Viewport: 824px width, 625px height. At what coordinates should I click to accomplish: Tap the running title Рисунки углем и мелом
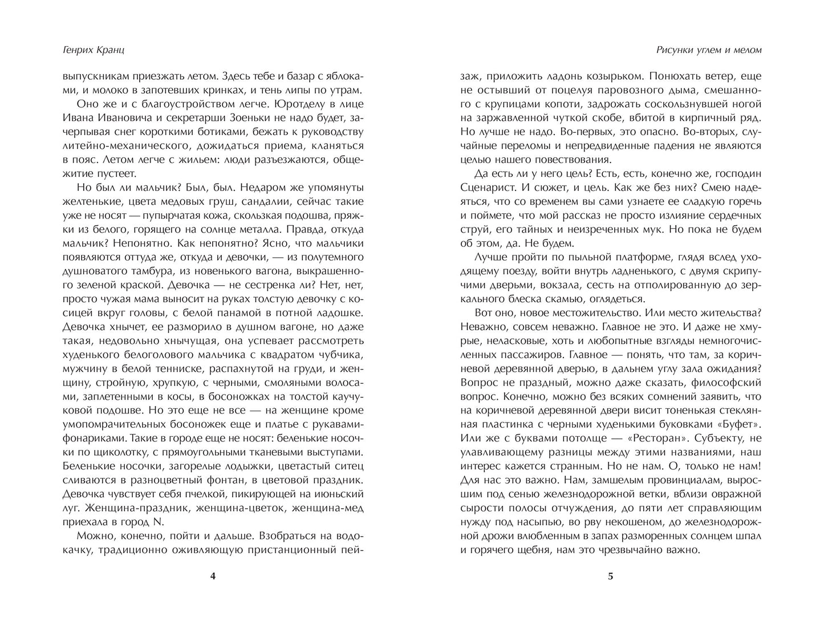click(709, 50)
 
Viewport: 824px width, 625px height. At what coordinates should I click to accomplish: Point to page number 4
click(213, 576)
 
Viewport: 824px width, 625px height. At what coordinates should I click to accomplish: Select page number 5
click(610, 576)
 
